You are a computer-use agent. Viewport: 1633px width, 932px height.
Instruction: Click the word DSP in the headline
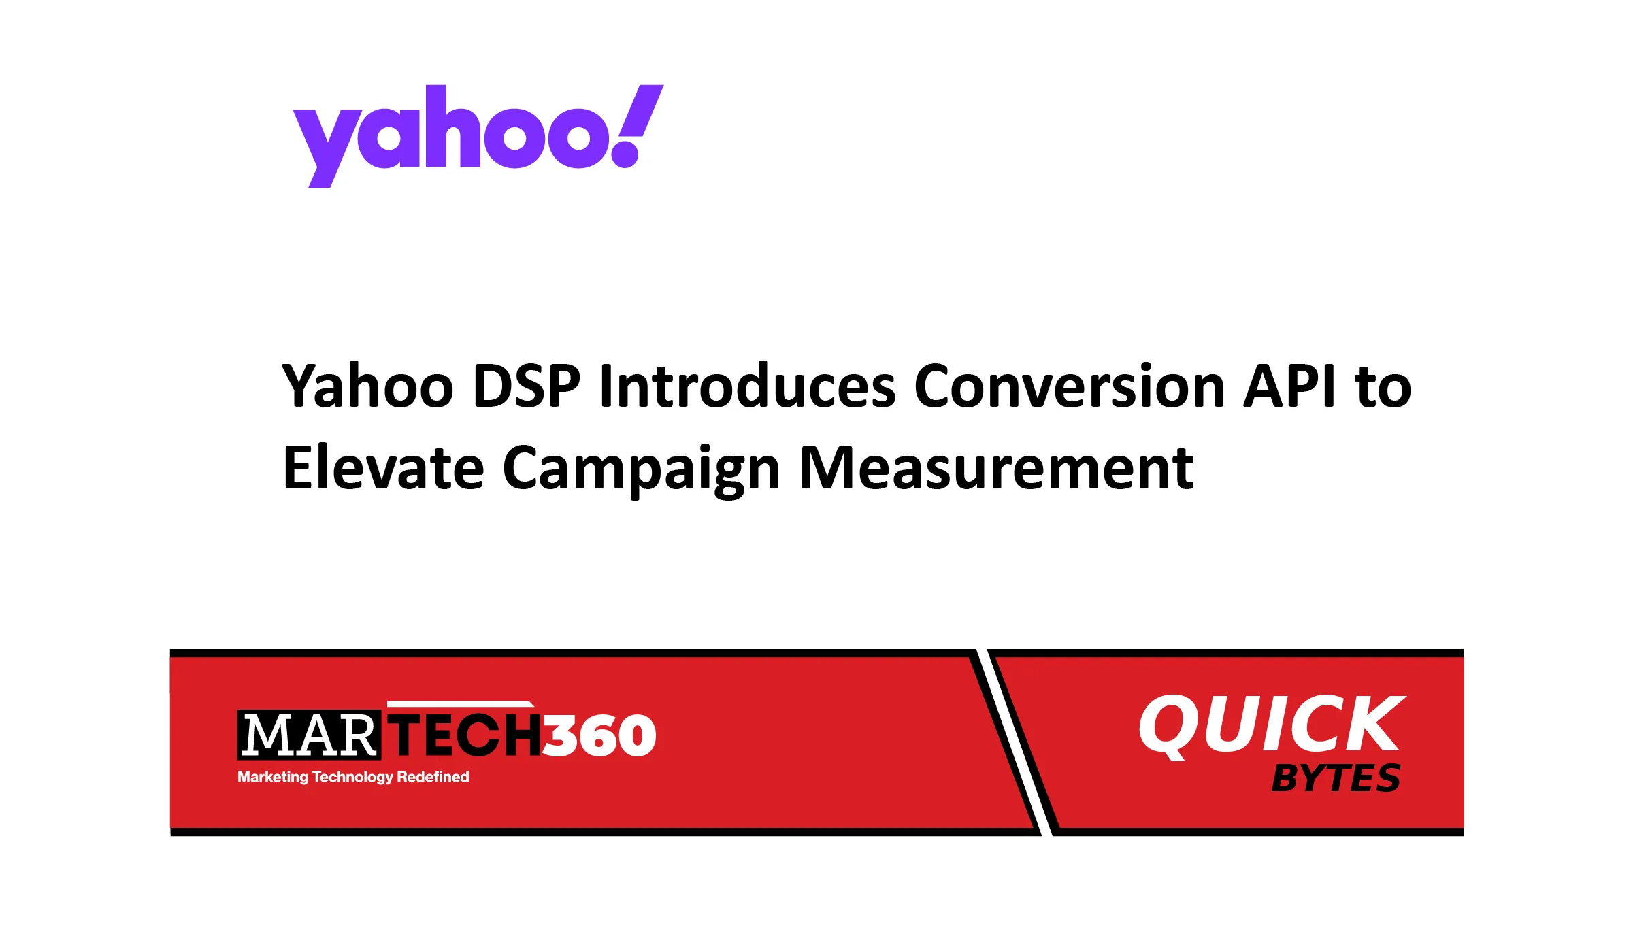click(526, 386)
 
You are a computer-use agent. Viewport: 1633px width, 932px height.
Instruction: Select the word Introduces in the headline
click(747, 386)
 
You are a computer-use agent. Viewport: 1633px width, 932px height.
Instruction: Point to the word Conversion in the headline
click(1070, 386)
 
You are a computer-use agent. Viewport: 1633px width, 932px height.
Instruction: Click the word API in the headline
click(1289, 386)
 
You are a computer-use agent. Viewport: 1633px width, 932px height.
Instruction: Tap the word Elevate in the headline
click(383, 468)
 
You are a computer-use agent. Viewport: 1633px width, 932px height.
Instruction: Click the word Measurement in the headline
click(996, 468)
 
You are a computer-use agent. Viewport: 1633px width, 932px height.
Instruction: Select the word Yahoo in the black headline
click(367, 386)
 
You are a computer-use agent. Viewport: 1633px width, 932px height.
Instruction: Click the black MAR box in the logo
click(310, 735)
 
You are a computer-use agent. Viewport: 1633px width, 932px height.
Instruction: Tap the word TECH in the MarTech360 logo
click(465, 735)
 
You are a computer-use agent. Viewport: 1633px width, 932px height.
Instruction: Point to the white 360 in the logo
click(599, 735)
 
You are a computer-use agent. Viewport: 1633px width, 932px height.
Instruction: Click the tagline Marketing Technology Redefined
click(353, 777)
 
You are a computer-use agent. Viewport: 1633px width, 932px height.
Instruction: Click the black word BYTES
click(1336, 778)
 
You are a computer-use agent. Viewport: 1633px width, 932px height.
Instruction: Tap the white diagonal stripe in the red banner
click(1014, 742)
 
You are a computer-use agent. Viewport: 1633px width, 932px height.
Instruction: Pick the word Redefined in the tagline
click(433, 777)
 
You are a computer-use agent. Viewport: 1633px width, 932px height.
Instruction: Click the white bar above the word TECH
click(460, 703)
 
